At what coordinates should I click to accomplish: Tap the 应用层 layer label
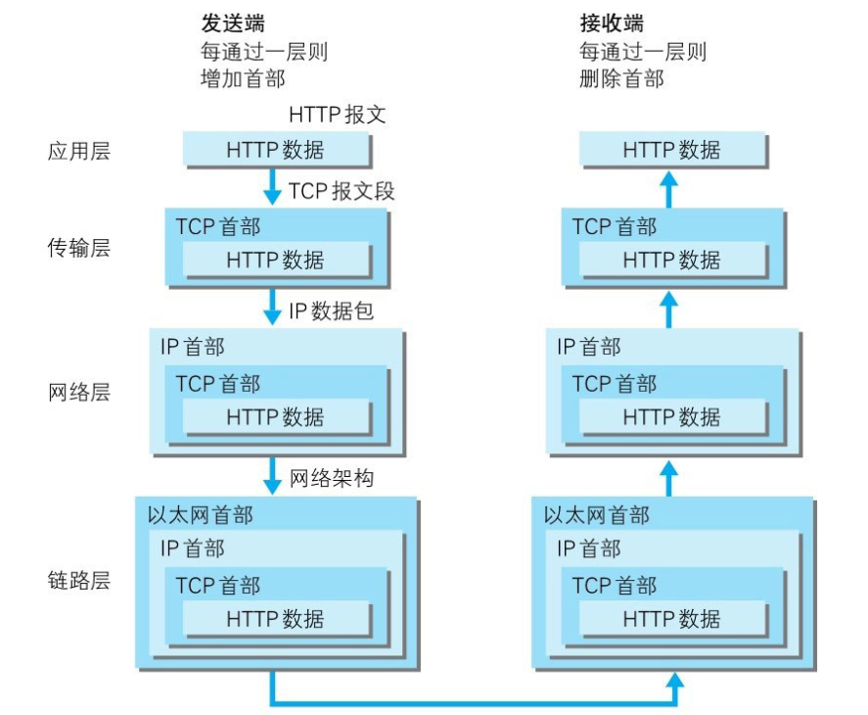pyautogui.click(x=79, y=151)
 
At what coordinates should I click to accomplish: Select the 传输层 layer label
pyautogui.click(x=79, y=248)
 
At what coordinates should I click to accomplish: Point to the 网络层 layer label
pyautogui.click(x=79, y=393)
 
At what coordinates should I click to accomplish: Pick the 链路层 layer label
pyautogui.click(x=79, y=580)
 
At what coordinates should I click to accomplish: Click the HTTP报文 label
pyautogui.click(x=338, y=115)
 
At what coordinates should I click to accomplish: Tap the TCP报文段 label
pyautogui.click(x=342, y=191)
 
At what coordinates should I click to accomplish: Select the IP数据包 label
pyautogui.click(x=331, y=311)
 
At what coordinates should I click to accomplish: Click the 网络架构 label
pyautogui.click(x=332, y=479)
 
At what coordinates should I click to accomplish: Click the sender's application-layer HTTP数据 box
pyautogui.click(x=275, y=150)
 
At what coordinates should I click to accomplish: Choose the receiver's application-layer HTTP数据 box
pyautogui.click(x=671, y=150)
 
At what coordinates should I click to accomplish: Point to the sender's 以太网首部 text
pyautogui.click(x=201, y=514)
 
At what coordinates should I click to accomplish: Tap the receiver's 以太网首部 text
pyautogui.click(x=597, y=514)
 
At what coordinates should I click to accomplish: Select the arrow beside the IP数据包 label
pyautogui.click(x=272, y=309)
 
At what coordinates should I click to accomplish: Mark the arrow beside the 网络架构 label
pyautogui.click(x=272, y=476)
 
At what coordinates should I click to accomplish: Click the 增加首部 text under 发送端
pyautogui.click(x=243, y=78)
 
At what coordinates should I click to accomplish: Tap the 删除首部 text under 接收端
pyautogui.click(x=621, y=78)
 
